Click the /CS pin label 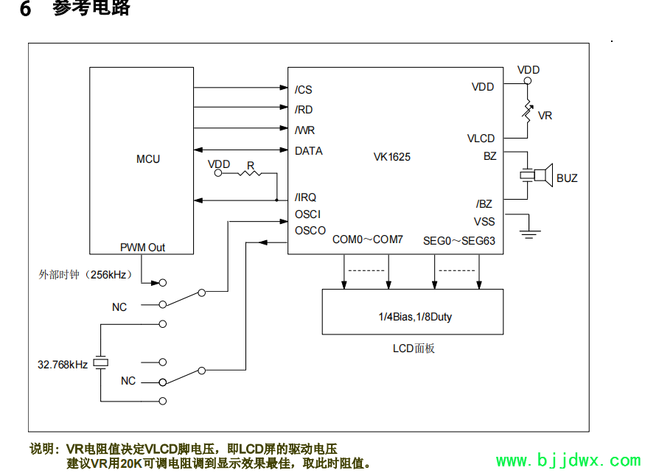(x=304, y=90)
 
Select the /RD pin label (x=304, y=110)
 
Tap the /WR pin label (x=304, y=130)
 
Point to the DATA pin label (x=308, y=151)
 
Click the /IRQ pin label (x=305, y=197)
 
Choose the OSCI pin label (x=307, y=214)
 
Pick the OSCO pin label (x=310, y=231)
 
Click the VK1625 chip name (x=392, y=157)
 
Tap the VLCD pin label (x=481, y=139)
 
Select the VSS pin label (x=484, y=221)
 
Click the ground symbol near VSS (x=529, y=234)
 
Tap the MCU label (x=148, y=159)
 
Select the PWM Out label (x=143, y=248)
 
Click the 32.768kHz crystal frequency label (x=63, y=364)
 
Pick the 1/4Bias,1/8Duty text (x=411, y=317)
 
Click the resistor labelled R (x=251, y=174)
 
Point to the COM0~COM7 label (x=368, y=239)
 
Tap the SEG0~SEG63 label (x=459, y=240)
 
